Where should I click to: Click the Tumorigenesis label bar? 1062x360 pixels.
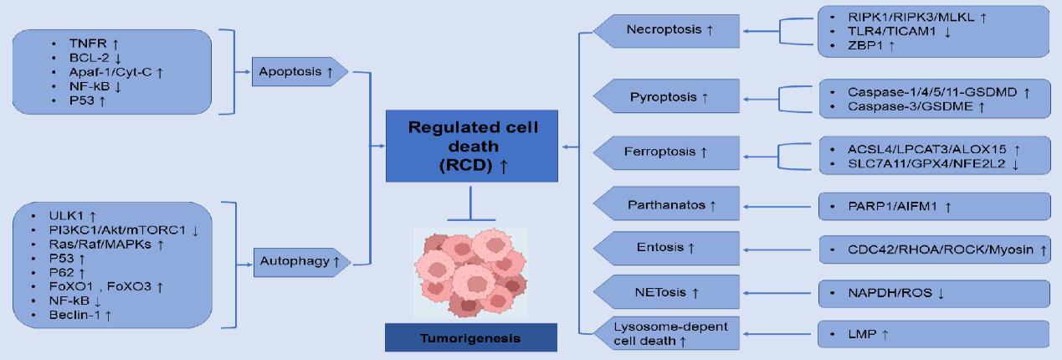click(471, 338)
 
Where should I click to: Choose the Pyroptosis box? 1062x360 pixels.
click(666, 98)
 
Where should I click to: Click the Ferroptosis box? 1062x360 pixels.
click(666, 152)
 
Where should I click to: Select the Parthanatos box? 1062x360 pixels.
click(666, 203)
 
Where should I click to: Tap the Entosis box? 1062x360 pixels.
click(666, 247)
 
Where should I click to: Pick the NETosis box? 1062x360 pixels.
click(666, 292)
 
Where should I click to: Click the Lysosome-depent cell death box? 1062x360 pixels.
click(666, 333)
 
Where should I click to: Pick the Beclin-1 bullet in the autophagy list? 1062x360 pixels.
click(82, 314)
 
